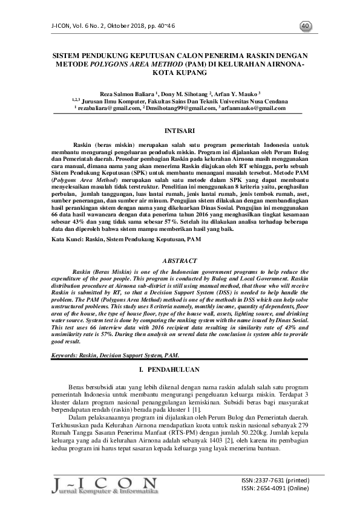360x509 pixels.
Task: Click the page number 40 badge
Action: coord(305,25)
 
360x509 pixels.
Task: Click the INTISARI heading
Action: coord(180,130)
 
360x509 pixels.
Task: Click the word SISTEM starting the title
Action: coord(68,54)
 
